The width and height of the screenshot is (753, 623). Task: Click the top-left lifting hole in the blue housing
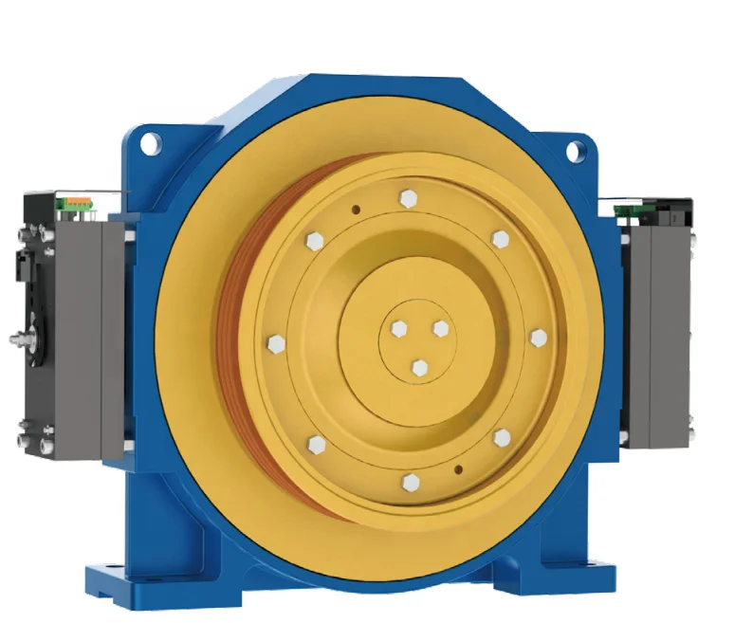[x=150, y=143]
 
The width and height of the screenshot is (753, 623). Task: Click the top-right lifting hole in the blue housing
[x=576, y=150]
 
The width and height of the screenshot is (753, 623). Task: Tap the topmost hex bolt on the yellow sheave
[x=409, y=198]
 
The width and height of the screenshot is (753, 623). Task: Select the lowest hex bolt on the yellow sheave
[x=410, y=484]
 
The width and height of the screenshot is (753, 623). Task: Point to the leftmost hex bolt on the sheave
[x=276, y=342]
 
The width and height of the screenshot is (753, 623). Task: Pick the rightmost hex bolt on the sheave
[x=539, y=339]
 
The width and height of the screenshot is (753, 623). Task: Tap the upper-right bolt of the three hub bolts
[x=440, y=327]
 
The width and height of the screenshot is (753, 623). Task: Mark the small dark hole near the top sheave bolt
[x=355, y=211]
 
